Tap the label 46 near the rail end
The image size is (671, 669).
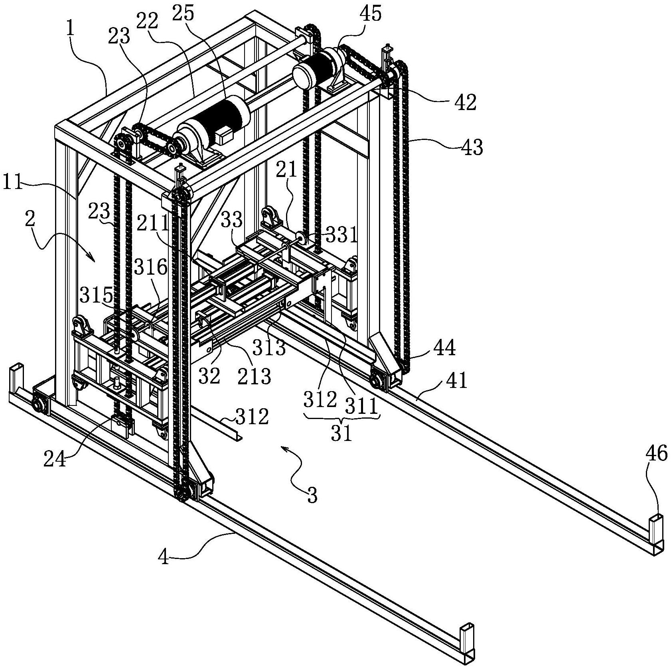(x=656, y=453)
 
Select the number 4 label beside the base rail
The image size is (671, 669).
(x=164, y=557)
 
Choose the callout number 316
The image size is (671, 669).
(x=150, y=267)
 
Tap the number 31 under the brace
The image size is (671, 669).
(x=341, y=433)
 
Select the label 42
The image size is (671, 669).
(x=466, y=102)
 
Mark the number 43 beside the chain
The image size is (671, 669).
(x=472, y=147)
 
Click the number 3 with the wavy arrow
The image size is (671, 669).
(x=312, y=496)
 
